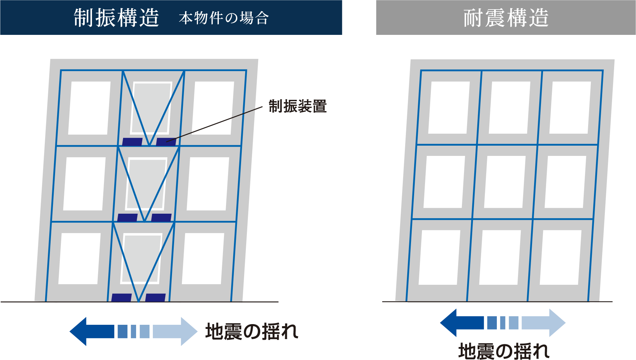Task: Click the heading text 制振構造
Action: click(117, 17)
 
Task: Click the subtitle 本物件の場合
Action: click(224, 18)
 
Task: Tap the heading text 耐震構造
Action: click(506, 18)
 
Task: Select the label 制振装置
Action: click(297, 106)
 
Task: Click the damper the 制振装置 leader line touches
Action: click(166, 142)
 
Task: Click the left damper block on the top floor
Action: click(132, 142)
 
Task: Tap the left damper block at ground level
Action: click(121, 297)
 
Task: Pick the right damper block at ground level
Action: click(156, 297)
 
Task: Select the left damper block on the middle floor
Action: click(127, 218)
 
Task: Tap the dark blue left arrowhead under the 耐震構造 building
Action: click(449, 323)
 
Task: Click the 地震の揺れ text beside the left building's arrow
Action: click(252, 332)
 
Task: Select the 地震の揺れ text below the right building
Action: click(504, 351)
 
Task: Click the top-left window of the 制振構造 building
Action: click(89, 108)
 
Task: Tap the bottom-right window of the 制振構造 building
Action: click(203, 259)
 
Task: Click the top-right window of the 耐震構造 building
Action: click(570, 108)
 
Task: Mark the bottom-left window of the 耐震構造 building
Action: click(439, 257)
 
